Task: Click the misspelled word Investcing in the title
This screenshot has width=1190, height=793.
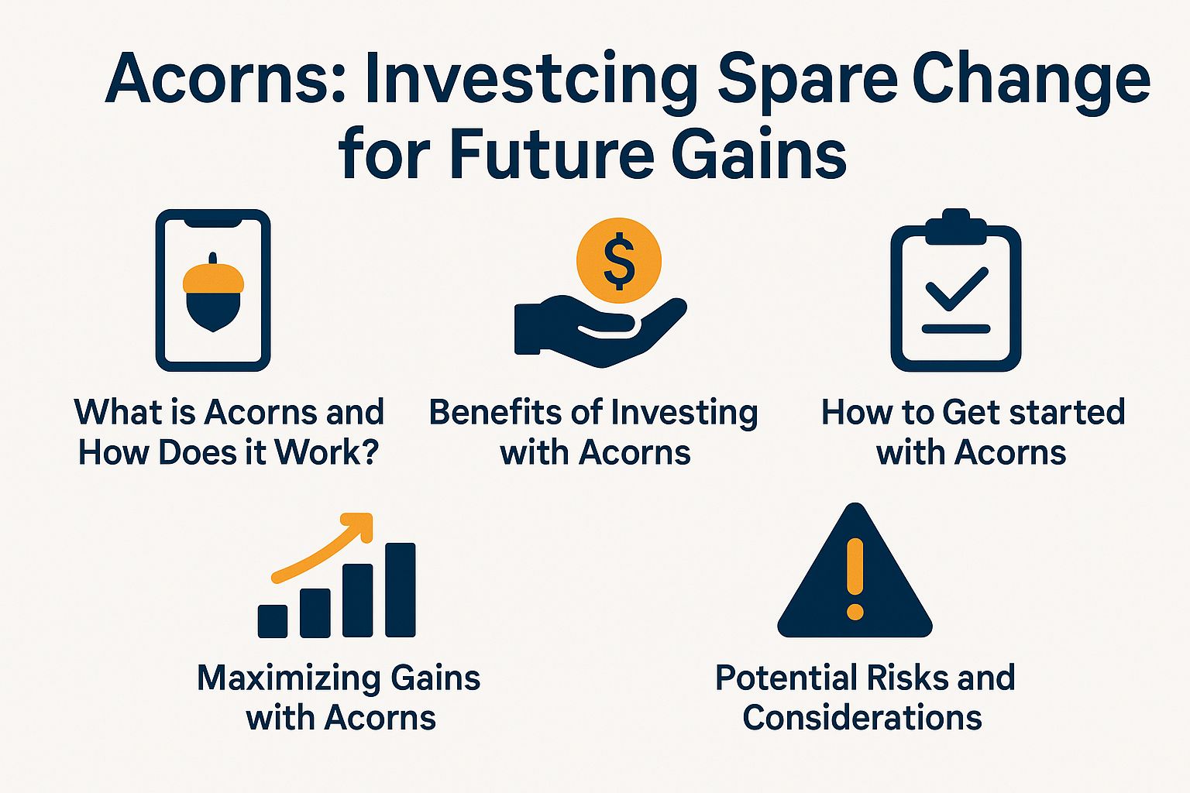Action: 531,80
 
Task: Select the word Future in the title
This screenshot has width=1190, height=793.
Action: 552,153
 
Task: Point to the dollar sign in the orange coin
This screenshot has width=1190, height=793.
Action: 619,261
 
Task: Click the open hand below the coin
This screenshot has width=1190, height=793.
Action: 600,331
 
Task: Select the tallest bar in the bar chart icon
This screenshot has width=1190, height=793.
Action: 400,589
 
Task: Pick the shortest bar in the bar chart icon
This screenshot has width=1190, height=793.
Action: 273,621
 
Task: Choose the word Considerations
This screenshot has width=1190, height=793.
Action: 862,718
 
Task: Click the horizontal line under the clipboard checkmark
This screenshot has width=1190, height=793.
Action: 956,329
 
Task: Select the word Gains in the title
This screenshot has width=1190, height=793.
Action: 759,153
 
